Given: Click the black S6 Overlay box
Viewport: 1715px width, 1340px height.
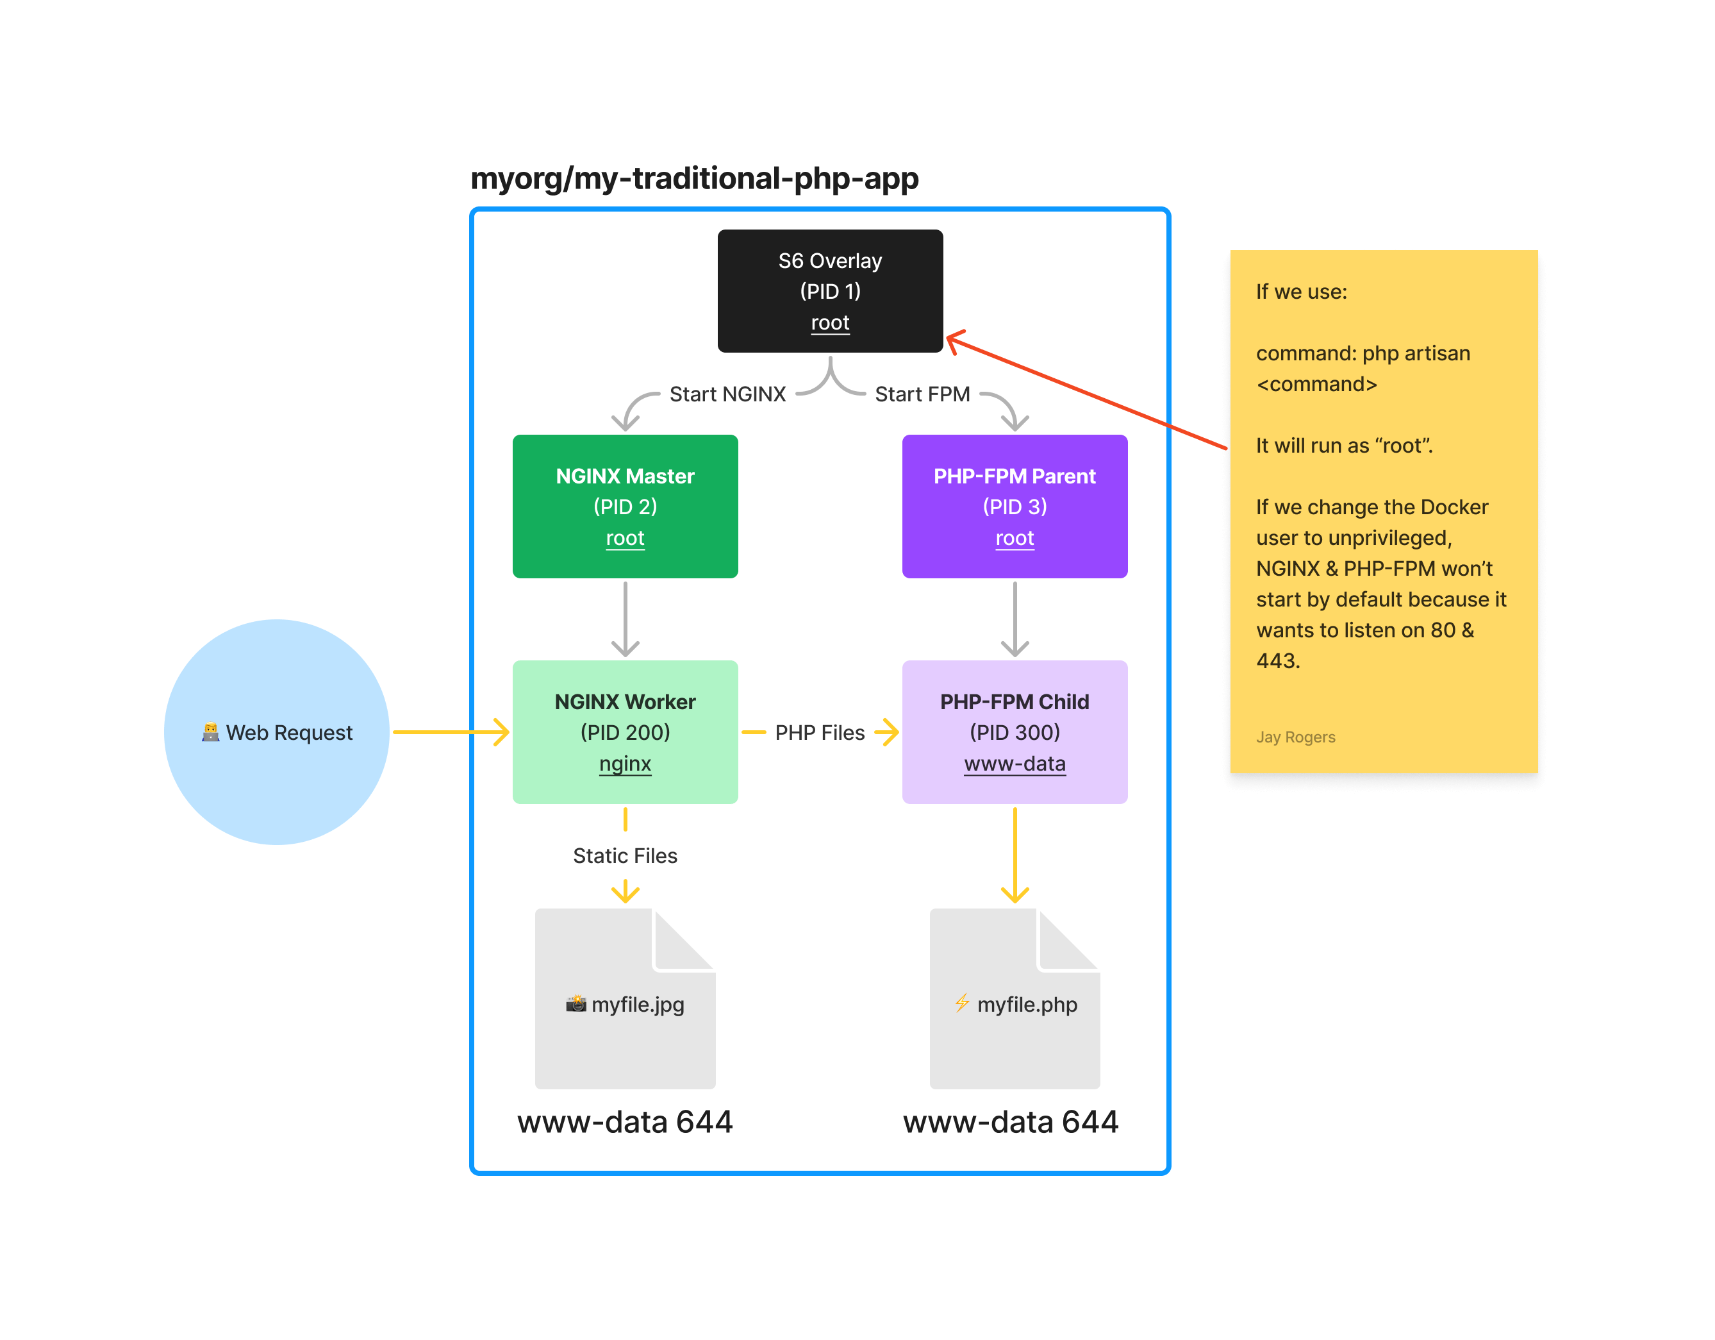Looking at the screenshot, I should (x=830, y=290).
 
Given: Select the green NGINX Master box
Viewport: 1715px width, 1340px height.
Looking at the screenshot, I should (x=625, y=506).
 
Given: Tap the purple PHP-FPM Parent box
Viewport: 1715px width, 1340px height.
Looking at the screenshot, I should (x=1015, y=506).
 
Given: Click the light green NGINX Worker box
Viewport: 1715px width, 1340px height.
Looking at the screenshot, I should (x=625, y=732).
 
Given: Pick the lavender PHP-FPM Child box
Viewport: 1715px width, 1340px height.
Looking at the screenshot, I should (x=1015, y=732).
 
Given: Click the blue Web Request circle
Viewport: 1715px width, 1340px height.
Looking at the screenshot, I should (x=276, y=732).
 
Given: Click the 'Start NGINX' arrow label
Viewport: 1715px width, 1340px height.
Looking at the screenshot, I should (x=727, y=394).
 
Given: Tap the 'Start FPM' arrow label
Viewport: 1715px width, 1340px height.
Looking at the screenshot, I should (x=922, y=394).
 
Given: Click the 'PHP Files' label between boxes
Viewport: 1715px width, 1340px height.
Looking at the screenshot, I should (x=819, y=733).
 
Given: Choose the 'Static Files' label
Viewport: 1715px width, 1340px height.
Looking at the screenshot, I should (x=625, y=855).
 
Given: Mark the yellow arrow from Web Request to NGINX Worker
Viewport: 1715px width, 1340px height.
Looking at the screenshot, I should (x=447, y=732).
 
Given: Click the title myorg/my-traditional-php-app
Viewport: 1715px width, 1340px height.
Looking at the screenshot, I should (x=694, y=178).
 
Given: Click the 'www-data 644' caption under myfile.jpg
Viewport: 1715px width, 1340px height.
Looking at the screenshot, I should (x=625, y=1121).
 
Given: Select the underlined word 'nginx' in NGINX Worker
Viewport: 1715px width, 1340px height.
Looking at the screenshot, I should (x=625, y=764).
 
